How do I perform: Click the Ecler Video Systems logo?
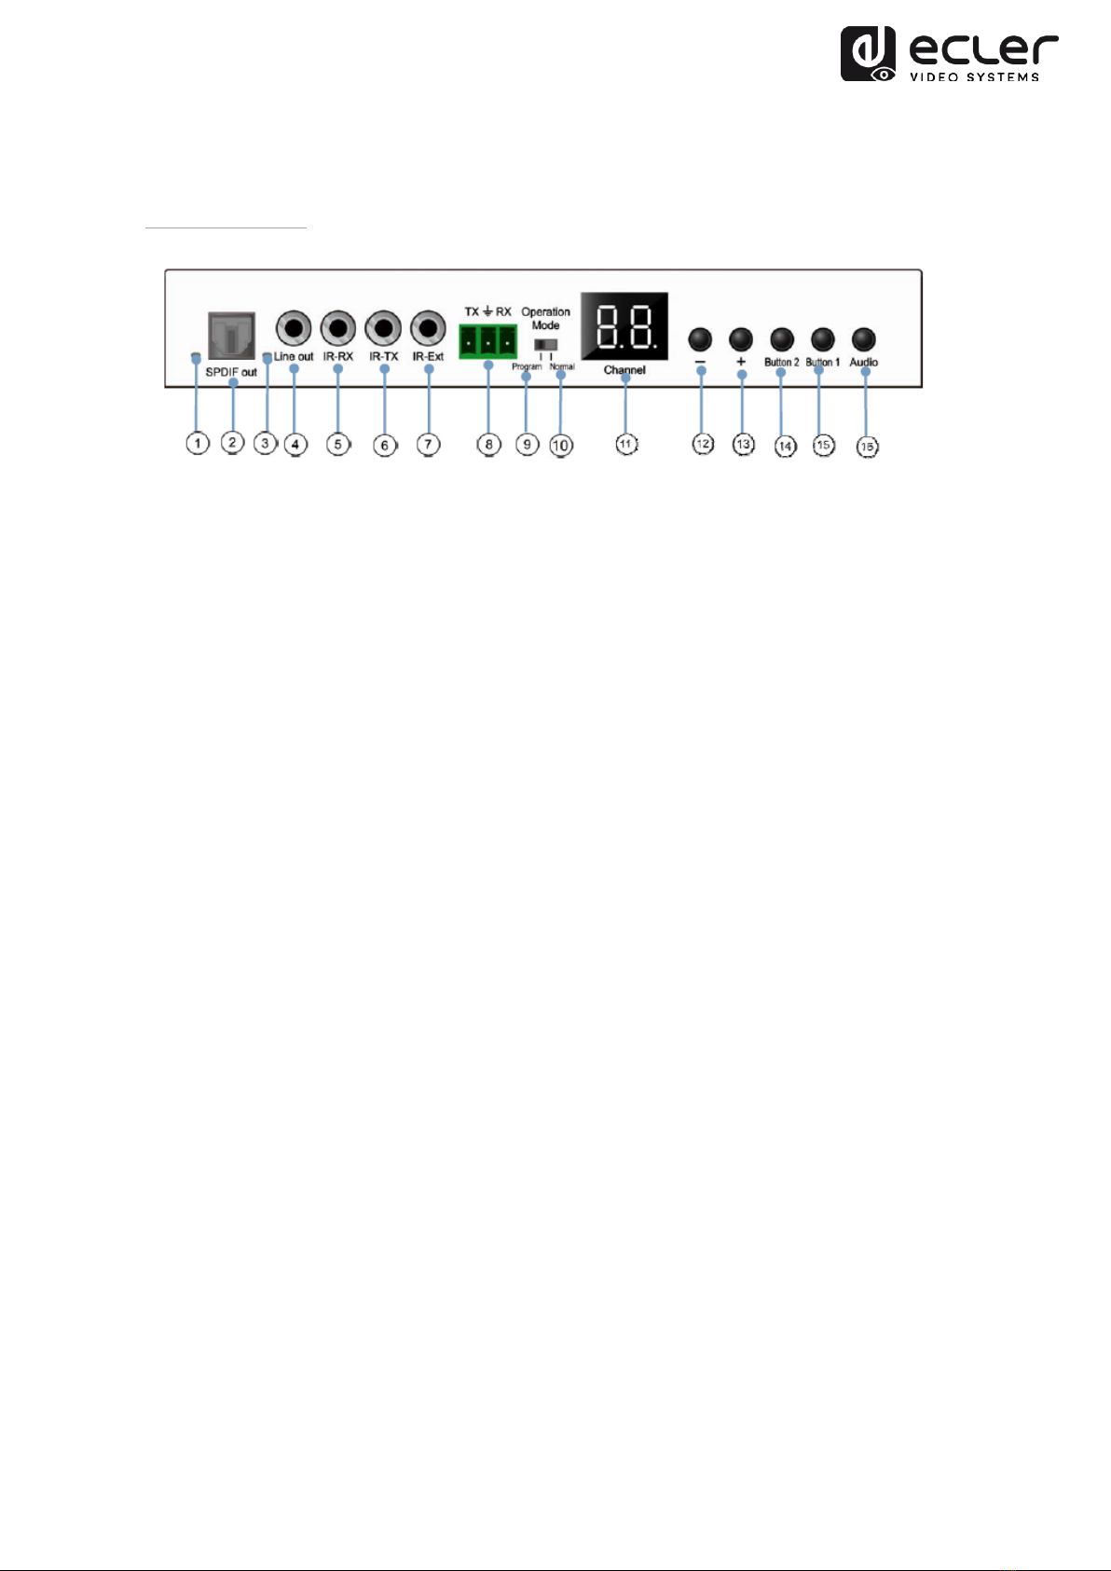(x=949, y=54)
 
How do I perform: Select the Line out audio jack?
(x=295, y=329)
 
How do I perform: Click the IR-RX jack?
(x=338, y=329)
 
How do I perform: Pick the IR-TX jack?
(x=383, y=329)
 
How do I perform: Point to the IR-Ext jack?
(x=428, y=329)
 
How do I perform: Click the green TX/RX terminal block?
(x=487, y=340)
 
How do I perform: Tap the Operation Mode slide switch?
(x=546, y=344)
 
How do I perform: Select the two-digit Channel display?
(x=624, y=326)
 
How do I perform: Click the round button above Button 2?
(x=782, y=339)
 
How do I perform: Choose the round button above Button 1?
(x=822, y=339)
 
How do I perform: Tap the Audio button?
(x=864, y=338)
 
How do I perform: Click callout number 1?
(x=198, y=444)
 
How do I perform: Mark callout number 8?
(x=489, y=445)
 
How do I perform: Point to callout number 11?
(x=625, y=445)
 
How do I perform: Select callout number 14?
(x=785, y=446)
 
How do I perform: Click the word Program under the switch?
(x=527, y=367)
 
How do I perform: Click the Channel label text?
(x=624, y=370)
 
